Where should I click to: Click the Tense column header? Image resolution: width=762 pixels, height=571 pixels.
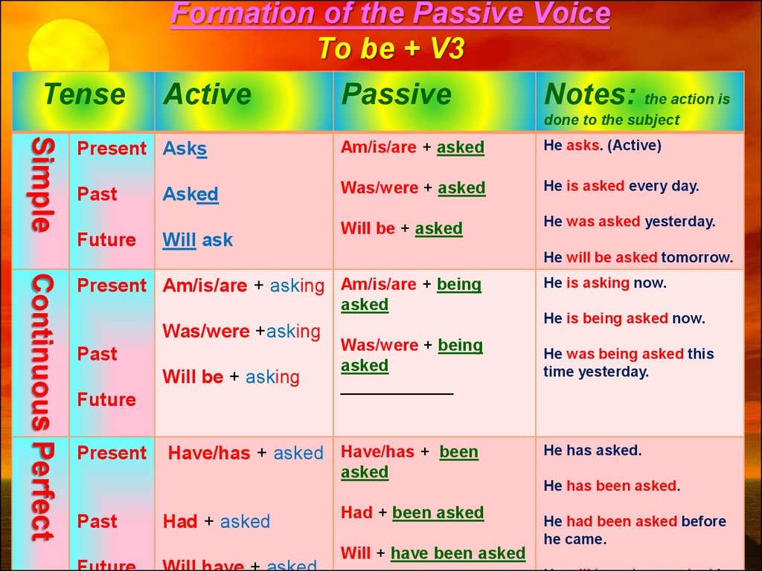[x=84, y=95]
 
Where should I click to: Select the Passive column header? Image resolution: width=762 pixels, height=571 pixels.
[x=396, y=95]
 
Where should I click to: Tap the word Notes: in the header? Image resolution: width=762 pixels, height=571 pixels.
[x=591, y=95]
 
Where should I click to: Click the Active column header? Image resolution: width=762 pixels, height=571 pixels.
[x=208, y=95]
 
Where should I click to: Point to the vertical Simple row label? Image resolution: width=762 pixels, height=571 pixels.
[x=42, y=185]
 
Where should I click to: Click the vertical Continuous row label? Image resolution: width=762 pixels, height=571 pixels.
[x=42, y=352]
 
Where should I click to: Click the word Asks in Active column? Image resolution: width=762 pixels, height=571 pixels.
[x=185, y=149]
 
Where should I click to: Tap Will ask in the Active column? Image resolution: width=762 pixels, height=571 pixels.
[x=197, y=240]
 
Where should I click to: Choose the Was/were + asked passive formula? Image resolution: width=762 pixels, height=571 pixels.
[x=413, y=188]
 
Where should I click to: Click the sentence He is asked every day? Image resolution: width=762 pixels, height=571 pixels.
[x=621, y=186]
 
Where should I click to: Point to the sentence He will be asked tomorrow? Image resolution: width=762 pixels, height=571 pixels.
[x=638, y=257]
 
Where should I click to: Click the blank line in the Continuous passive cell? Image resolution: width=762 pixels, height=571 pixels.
[x=397, y=392]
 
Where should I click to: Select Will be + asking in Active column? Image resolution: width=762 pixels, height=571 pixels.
[x=231, y=377]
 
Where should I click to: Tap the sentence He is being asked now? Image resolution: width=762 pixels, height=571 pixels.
[x=624, y=318]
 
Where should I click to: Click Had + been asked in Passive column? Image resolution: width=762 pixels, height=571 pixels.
[x=412, y=512]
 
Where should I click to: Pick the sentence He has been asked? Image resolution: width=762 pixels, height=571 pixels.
[x=612, y=485]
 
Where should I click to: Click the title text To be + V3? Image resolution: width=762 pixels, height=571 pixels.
[x=391, y=48]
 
